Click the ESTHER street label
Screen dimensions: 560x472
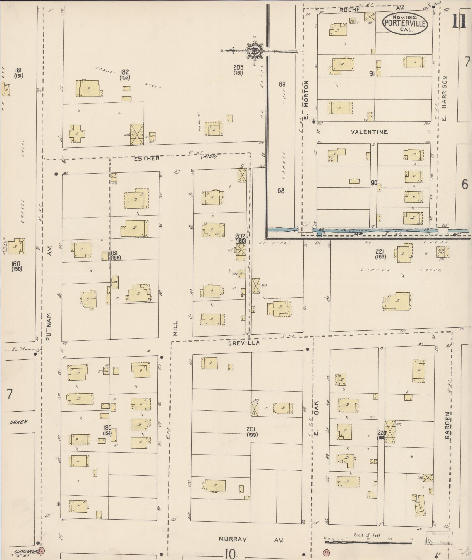[x=147, y=158]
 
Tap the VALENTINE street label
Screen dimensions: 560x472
[x=369, y=132]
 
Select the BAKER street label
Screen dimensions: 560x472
[x=18, y=422]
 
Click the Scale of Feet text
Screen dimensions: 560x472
[x=368, y=535]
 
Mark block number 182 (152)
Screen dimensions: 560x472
[x=125, y=75]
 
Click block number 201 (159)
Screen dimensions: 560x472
[x=252, y=432]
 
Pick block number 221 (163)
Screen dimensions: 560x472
[x=380, y=254]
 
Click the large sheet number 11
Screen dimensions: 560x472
[x=459, y=20]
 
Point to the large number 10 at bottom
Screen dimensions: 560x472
[x=230, y=553]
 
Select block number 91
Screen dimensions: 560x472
[x=372, y=74]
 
